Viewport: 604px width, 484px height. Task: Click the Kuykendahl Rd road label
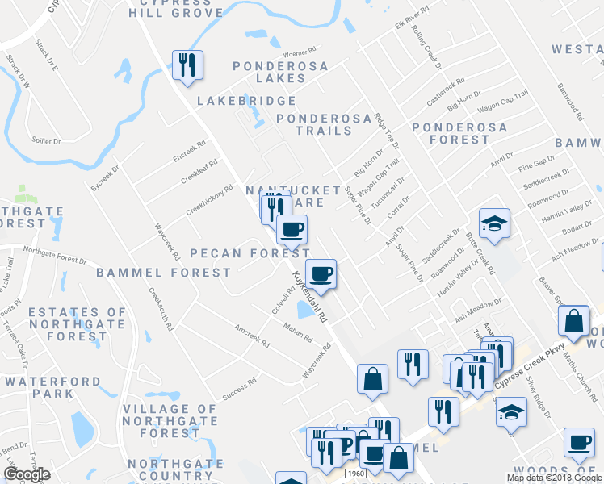tap(308, 296)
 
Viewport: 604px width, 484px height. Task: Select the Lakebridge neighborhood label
tap(246, 101)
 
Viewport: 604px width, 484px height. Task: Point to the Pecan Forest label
tap(239, 253)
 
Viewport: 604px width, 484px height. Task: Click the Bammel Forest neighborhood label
tap(164, 273)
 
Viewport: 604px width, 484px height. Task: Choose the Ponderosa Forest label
tap(459, 133)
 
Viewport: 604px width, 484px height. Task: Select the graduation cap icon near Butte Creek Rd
tap(494, 223)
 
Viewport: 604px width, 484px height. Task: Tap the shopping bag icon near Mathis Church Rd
tap(573, 320)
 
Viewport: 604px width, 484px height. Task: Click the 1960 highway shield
tap(355, 473)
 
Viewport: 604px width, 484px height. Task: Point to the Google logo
tap(27, 474)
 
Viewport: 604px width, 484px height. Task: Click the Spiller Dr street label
tap(45, 141)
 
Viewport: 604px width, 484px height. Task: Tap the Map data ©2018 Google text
tap(555, 478)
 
